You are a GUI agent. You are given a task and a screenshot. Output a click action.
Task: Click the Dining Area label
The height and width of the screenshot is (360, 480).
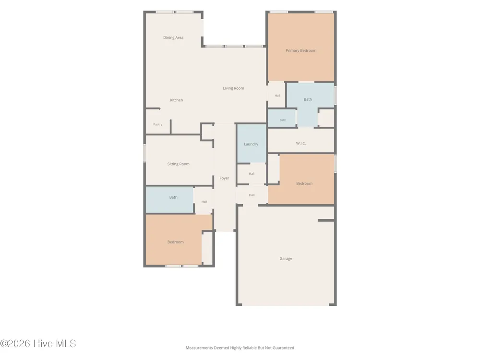click(x=173, y=37)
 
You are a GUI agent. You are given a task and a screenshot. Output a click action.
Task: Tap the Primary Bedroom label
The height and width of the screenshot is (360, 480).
click(x=301, y=50)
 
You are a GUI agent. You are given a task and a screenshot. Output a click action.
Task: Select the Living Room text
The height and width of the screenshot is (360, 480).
click(x=234, y=88)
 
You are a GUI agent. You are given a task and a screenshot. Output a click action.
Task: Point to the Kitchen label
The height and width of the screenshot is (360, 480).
click(x=176, y=100)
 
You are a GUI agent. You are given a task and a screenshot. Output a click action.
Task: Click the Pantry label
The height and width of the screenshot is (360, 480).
click(x=157, y=124)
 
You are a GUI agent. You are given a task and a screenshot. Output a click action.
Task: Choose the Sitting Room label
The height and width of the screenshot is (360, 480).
click(x=178, y=164)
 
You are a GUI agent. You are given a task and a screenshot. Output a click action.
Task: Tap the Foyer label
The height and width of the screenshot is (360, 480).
click(x=224, y=178)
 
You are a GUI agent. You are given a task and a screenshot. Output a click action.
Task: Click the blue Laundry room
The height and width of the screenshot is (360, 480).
click(x=252, y=143)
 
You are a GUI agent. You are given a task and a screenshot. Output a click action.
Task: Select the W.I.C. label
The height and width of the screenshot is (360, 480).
click(x=301, y=143)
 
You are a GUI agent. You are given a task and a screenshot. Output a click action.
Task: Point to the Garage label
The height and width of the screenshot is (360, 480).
click(x=286, y=259)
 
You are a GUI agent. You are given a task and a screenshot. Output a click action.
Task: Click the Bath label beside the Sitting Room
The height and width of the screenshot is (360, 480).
click(x=173, y=197)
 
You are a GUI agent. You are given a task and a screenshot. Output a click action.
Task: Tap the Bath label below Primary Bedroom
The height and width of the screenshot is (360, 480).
click(x=308, y=99)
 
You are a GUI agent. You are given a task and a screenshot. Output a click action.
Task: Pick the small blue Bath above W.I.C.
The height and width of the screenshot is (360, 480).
click(x=282, y=118)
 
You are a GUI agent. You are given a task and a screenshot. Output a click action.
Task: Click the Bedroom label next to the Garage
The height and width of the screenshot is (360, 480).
click(x=304, y=184)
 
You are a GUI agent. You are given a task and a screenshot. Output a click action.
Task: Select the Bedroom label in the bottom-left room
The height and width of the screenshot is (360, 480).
click(x=175, y=242)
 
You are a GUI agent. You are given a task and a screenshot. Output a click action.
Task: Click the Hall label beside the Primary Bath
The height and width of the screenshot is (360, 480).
click(x=277, y=96)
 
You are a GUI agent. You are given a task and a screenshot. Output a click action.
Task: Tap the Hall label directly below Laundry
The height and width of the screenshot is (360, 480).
click(x=252, y=174)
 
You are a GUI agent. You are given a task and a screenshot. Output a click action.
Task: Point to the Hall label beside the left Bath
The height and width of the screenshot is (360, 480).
click(x=204, y=202)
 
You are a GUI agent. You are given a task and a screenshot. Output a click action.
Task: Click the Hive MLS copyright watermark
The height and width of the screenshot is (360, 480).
click(x=38, y=344)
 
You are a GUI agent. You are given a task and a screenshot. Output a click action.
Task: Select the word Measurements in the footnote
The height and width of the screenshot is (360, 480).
click(x=199, y=348)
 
